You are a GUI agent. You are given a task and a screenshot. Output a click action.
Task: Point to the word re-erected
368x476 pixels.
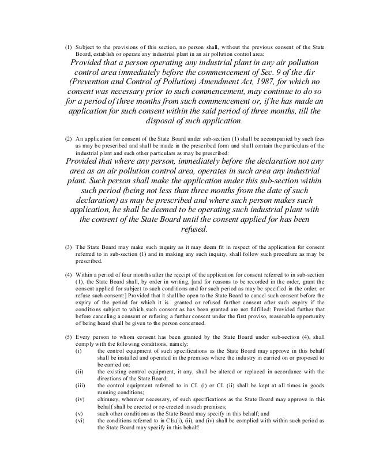tap(172, 405)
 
